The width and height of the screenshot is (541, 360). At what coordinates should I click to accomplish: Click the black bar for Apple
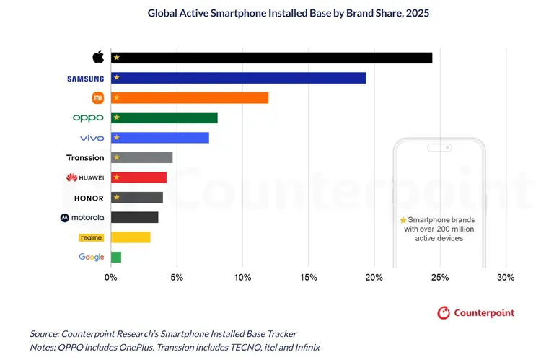[x=271, y=58]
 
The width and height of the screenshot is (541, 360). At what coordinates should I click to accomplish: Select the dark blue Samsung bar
[x=238, y=78]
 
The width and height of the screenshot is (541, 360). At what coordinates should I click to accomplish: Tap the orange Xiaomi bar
[x=189, y=97]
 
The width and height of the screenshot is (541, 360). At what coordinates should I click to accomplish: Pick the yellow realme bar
[x=131, y=237]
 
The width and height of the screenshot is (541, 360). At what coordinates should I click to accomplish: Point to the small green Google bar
[x=116, y=257]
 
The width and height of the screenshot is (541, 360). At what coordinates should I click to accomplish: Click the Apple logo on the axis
[x=99, y=57]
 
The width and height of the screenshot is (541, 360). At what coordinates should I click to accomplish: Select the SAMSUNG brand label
[x=85, y=78]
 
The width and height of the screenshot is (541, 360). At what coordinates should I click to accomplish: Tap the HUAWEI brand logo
[x=85, y=177]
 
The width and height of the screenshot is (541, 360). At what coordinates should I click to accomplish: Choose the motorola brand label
[x=83, y=217]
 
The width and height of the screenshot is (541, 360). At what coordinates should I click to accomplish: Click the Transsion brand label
[x=85, y=157]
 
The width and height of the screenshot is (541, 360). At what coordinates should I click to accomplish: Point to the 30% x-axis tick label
[x=506, y=277]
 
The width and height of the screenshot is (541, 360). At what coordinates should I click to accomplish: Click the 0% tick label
[x=111, y=277]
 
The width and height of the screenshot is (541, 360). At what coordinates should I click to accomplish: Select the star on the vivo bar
[x=116, y=138]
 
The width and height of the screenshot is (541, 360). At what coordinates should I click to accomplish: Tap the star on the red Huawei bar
[x=116, y=177]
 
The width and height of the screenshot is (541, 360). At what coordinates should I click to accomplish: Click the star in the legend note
[x=403, y=219]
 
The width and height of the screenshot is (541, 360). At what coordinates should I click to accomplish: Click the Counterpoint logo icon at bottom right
[x=444, y=312]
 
